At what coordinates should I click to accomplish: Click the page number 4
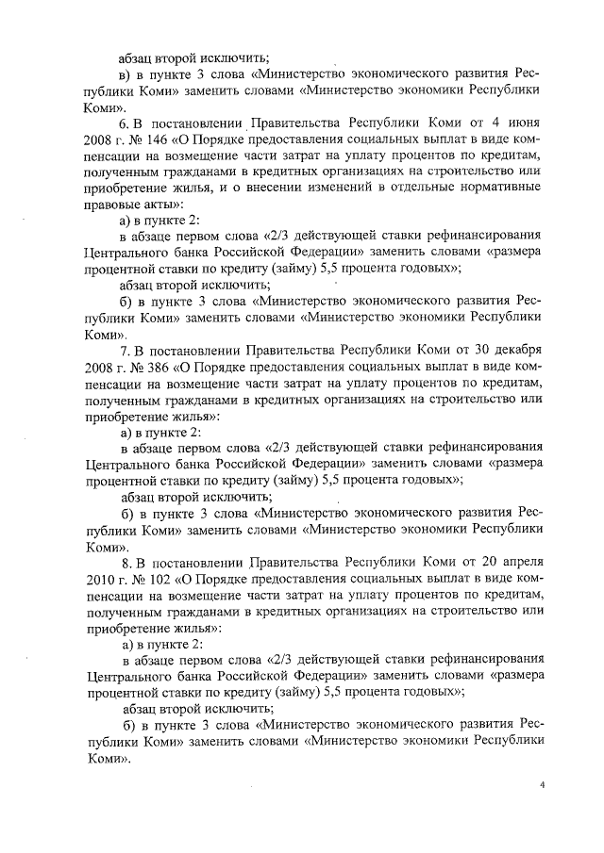point(542,782)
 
